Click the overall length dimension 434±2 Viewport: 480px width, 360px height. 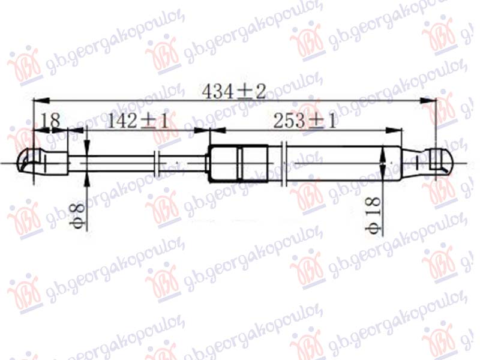234,92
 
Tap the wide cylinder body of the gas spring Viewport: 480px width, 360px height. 336,162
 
